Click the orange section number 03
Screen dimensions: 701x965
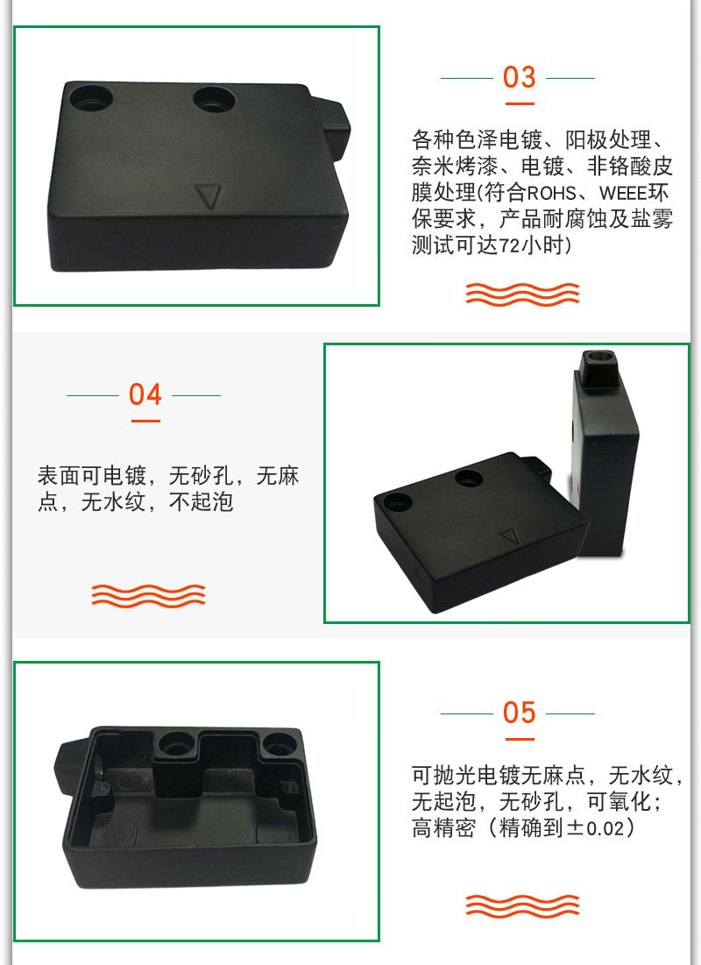tap(519, 77)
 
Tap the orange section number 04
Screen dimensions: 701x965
tap(145, 394)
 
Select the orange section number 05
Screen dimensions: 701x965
tap(519, 713)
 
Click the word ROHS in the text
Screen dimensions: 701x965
tap(551, 193)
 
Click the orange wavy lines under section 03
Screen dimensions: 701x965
tap(522, 294)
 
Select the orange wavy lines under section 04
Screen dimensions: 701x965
tap(148, 595)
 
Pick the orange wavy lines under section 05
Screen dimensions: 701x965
tap(522, 905)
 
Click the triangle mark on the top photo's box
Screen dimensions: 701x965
tap(208, 196)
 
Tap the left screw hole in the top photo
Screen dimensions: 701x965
tap(90, 98)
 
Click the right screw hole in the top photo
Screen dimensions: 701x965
tap(214, 98)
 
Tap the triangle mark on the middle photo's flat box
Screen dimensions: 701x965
tap(510, 536)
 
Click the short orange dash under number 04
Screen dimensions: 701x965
tap(145, 421)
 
